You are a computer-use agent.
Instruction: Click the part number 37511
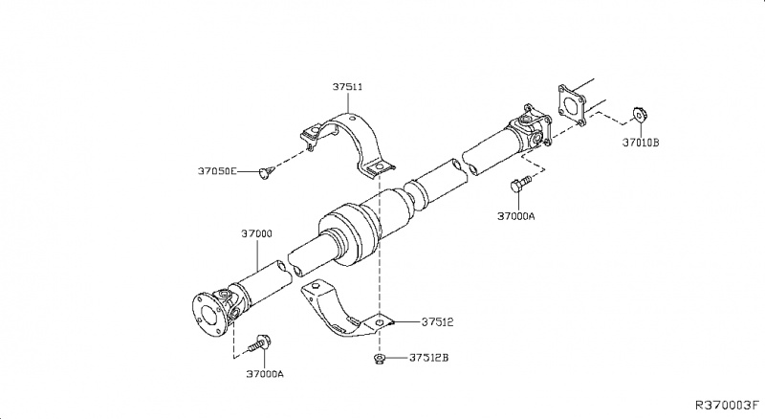(x=346, y=87)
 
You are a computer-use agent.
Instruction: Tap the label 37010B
(x=642, y=143)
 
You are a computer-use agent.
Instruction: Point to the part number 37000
(x=256, y=233)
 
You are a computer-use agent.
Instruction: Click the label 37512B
(x=429, y=359)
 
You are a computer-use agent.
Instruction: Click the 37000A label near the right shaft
(x=515, y=215)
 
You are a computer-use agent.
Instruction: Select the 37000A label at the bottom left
(x=265, y=374)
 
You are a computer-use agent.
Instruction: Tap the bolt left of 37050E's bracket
(x=266, y=172)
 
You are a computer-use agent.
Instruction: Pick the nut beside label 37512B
(x=379, y=359)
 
